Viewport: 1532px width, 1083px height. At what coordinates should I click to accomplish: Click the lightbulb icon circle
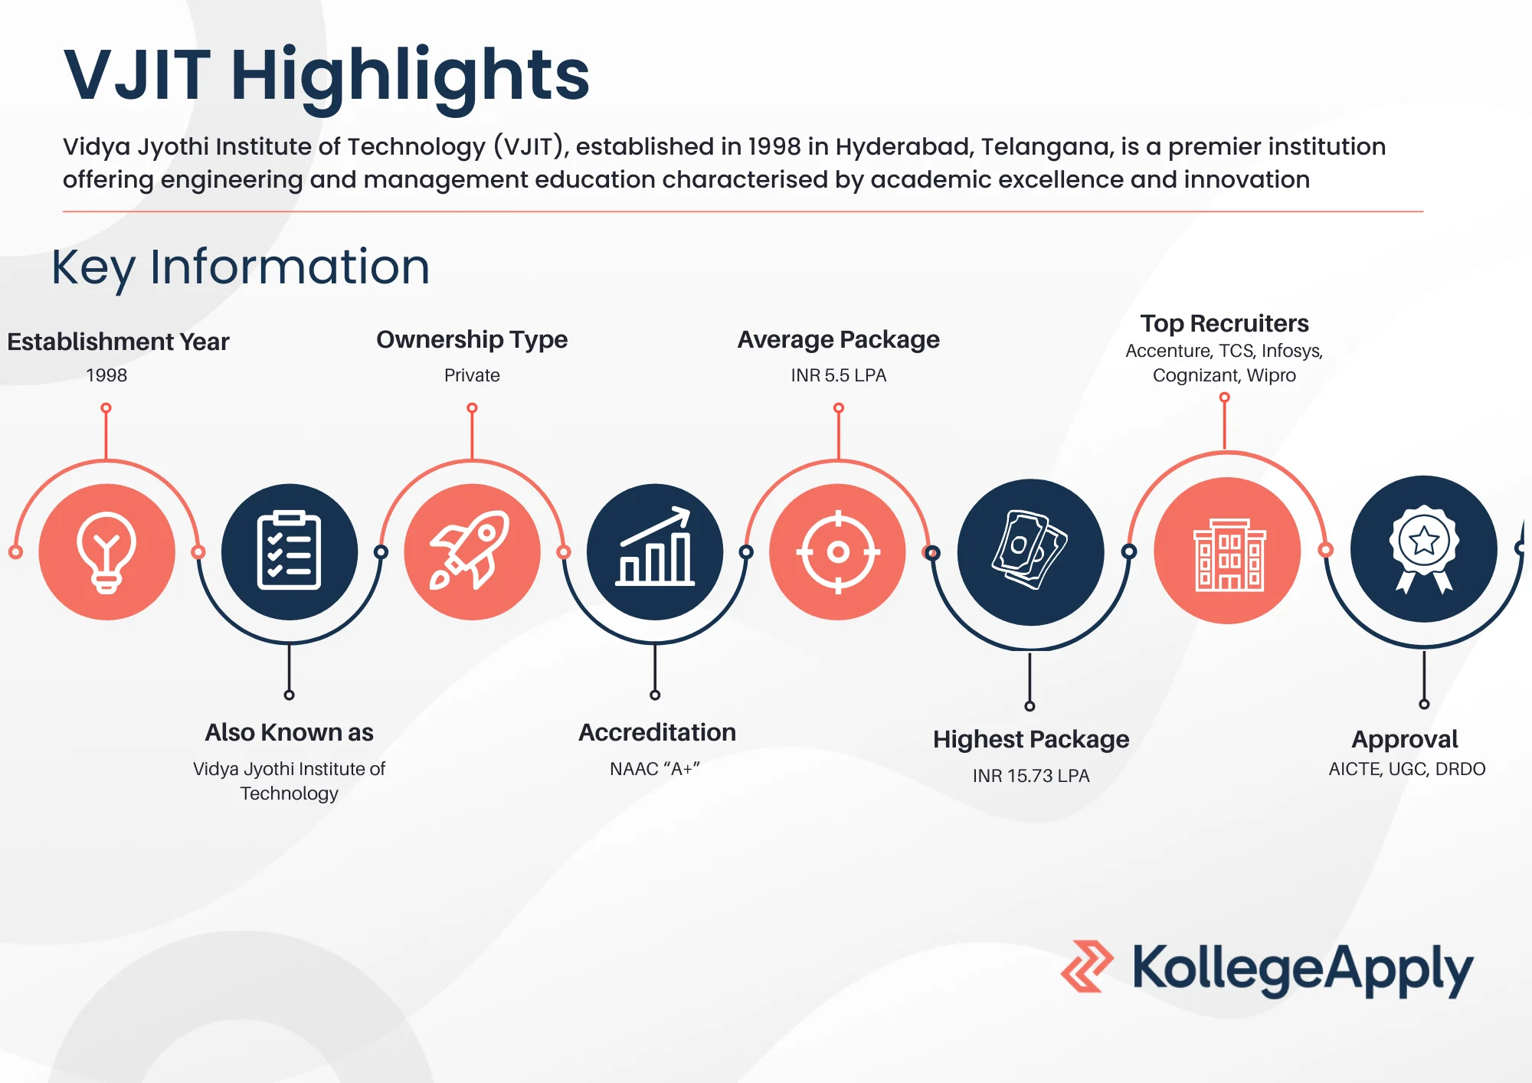[x=106, y=551]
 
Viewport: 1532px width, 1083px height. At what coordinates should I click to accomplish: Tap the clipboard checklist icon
[x=289, y=551]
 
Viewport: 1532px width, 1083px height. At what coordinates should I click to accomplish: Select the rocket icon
[x=472, y=551]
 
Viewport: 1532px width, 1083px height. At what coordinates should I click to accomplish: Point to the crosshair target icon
[x=838, y=551]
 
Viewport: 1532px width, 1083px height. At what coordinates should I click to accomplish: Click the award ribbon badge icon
[x=1424, y=549]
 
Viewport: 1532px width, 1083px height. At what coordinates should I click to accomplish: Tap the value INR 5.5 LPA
[x=839, y=375]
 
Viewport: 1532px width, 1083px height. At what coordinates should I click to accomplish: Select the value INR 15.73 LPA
[x=1031, y=776]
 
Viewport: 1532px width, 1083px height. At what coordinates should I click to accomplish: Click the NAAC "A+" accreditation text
[x=655, y=769]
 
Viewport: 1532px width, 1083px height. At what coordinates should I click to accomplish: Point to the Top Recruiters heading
[x=1224, y=323]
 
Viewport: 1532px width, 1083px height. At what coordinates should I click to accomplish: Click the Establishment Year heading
[x=118, y=342]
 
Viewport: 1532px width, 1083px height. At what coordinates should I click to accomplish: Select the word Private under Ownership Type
[x=472, y=375]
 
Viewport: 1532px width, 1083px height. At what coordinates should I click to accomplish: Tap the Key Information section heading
[x=241, y=267]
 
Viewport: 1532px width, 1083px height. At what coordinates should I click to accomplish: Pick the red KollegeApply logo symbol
[x=1087, y=967]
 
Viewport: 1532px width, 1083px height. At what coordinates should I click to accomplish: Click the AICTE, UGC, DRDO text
[x=1407, y=769]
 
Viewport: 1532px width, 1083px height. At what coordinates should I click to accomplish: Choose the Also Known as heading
[x=289, y=732]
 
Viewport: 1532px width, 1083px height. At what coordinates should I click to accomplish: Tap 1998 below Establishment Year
[x=106, y=375]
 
